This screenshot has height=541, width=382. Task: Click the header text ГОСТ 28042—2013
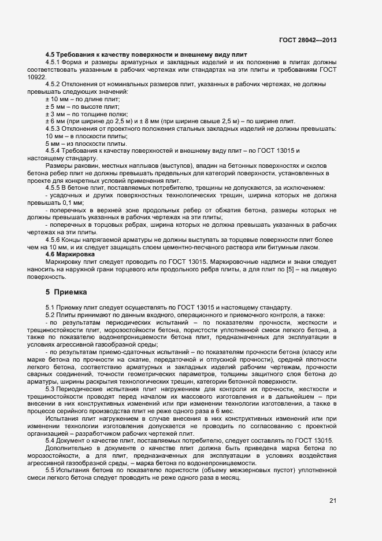click(x=307, y=41)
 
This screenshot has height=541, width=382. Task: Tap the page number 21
click(x=333, y=500)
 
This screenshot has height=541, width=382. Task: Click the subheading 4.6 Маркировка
click(x=70, y=254)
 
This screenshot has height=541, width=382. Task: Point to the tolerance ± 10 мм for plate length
click(x=58, y=100)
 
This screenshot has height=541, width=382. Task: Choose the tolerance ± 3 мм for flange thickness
click(x=56, y=114)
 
